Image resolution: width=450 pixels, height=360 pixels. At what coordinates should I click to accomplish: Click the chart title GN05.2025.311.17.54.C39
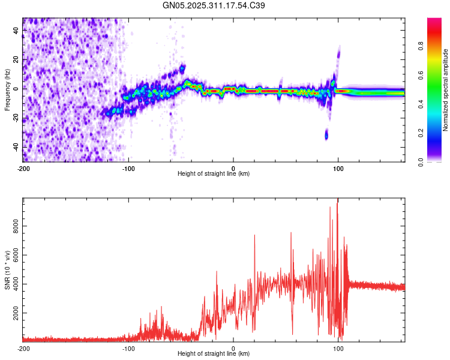[x=214, y=5]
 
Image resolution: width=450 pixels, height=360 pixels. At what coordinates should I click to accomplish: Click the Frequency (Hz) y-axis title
[x=8, y=89]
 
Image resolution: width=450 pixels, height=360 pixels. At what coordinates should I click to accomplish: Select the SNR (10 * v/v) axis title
[x=8, y=271]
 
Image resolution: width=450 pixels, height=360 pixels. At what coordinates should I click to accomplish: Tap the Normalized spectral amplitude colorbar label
[x=446, y=90]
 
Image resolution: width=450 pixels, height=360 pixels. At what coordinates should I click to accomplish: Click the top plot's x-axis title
[x=214, y=174]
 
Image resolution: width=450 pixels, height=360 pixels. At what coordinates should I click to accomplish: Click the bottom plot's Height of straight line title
[x=214, y=354]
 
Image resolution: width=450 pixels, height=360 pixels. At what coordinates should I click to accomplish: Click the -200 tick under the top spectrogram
[x=23, y=169]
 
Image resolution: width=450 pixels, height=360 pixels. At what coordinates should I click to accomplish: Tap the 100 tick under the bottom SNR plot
[x=338, y=349]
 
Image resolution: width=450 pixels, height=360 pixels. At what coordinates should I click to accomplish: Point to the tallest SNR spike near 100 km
[x=338, y=200]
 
